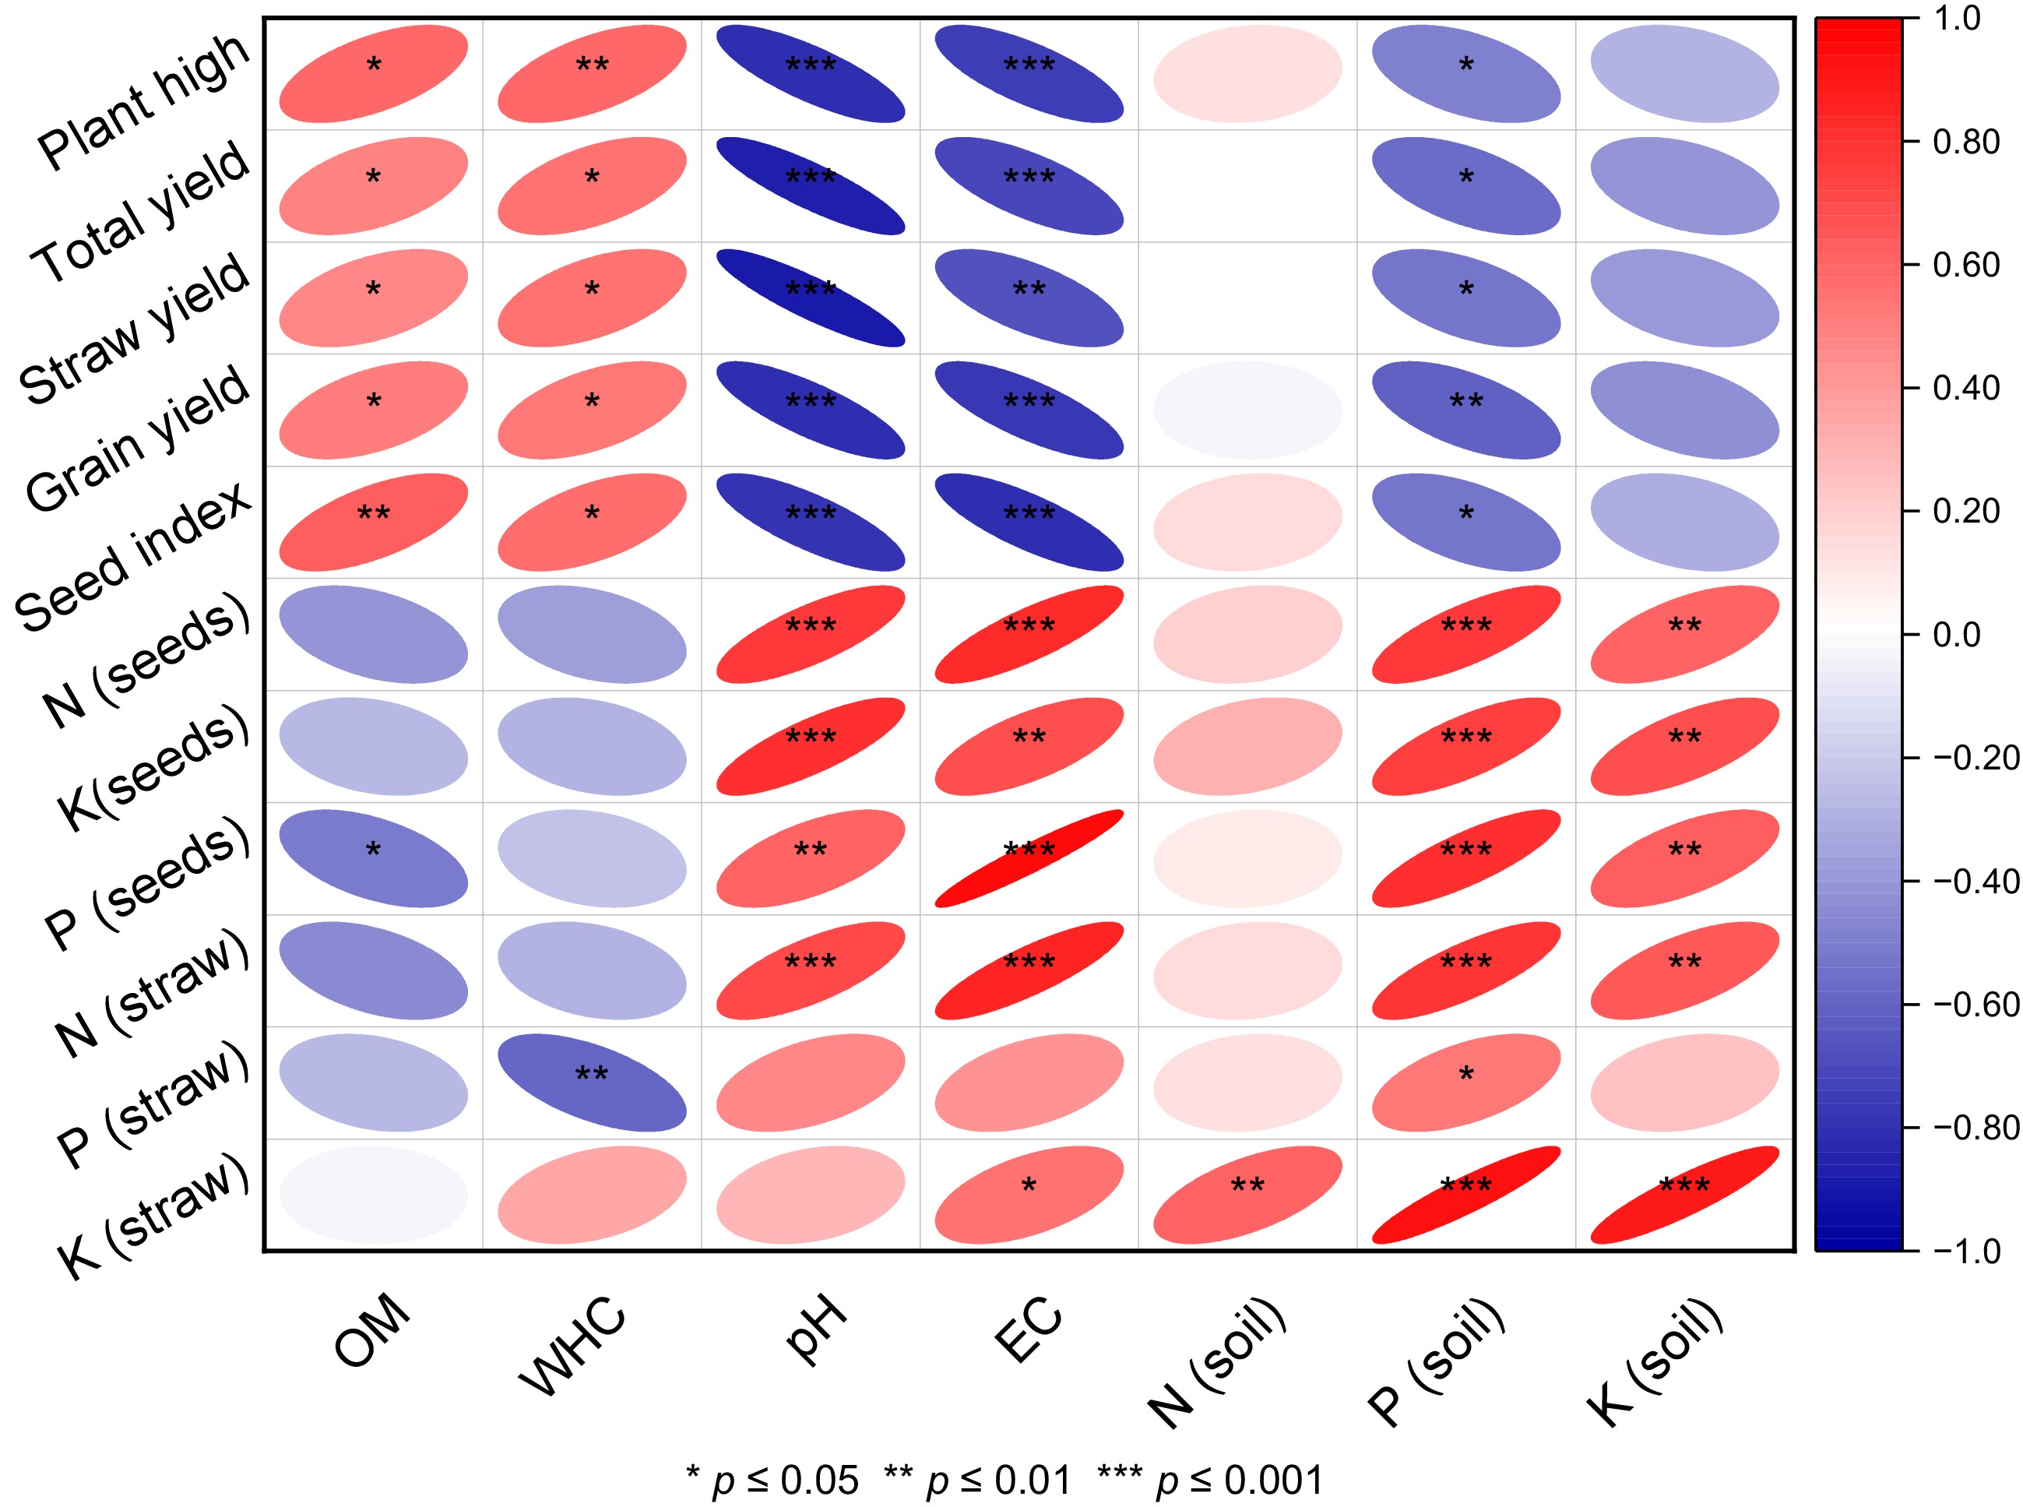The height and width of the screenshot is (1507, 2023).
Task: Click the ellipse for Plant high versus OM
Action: [373, 74]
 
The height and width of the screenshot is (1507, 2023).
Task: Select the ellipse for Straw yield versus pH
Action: [811, 298]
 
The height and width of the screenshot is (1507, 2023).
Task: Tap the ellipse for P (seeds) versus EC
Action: [1029, 858]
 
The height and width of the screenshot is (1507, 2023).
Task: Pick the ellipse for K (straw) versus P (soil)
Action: [1465, 1194]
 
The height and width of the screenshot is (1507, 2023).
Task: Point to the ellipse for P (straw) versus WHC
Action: [592, 1083]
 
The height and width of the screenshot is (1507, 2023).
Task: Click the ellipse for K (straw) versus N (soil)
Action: [1247, 1194]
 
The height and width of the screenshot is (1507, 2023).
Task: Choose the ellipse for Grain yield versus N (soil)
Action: [1247, 410]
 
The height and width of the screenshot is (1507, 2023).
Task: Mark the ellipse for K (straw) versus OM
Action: [373, 1194]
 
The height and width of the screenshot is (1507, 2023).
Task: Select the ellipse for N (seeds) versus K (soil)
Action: [1684, 634]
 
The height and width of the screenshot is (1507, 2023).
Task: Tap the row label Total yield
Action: [140, 212]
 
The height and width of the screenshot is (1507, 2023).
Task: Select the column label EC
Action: [1028, 1329]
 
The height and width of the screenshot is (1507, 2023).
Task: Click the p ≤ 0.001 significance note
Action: [1210, 1480]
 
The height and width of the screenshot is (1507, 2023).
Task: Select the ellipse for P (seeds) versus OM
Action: [373, 858]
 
